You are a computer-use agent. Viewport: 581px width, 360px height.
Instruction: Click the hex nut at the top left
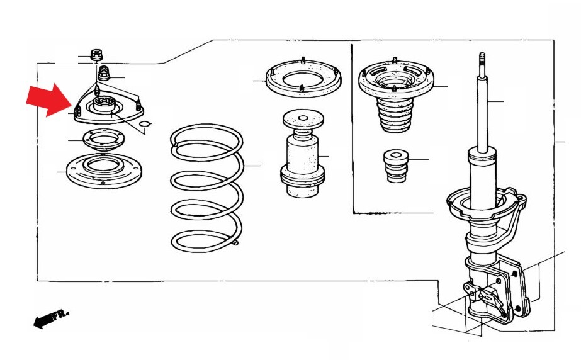[96, 55]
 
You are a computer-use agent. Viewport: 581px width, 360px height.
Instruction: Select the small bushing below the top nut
[103, 74]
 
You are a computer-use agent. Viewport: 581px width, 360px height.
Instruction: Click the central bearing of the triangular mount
[103, 104]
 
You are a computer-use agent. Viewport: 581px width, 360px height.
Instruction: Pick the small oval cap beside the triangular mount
[144, 124]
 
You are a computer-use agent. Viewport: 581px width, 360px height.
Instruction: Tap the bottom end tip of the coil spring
[235, 243]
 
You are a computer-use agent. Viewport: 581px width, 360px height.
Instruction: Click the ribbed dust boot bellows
[394, 115]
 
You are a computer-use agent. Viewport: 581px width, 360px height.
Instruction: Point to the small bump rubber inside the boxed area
[396, 166]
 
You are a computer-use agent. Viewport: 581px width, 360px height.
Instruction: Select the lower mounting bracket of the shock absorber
[497, 289]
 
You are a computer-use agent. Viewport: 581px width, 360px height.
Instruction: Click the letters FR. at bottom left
[60, 315]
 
